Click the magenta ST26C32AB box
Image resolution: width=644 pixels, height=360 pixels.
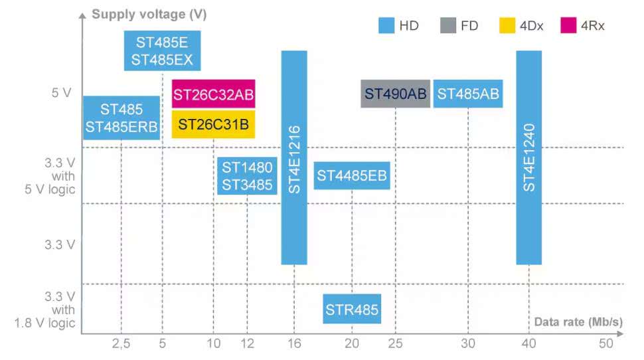213,94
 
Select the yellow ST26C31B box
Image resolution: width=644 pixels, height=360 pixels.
213,124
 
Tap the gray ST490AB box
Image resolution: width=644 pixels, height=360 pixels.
396,94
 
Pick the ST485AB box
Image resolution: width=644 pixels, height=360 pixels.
468,94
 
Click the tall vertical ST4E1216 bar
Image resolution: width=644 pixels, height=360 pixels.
294,157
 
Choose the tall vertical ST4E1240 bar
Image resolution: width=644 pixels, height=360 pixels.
529,157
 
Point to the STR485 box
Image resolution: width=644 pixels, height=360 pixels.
352,309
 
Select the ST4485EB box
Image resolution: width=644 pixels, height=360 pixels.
351,176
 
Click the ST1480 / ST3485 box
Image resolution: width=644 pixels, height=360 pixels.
247,176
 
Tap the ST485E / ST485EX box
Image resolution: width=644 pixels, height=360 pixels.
163,51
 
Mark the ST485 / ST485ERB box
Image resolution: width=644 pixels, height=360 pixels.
121,118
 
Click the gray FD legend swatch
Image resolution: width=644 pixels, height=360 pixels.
447,26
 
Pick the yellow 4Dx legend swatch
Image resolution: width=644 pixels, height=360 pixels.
507,26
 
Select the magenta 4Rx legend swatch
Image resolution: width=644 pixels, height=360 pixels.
568,26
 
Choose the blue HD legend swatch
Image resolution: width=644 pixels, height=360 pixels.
386,26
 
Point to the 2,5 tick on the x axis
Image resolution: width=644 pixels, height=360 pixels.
121,344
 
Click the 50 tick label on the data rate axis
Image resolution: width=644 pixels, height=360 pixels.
605,344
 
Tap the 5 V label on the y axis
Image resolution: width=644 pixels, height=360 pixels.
61,93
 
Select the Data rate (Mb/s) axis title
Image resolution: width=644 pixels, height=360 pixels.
578,322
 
